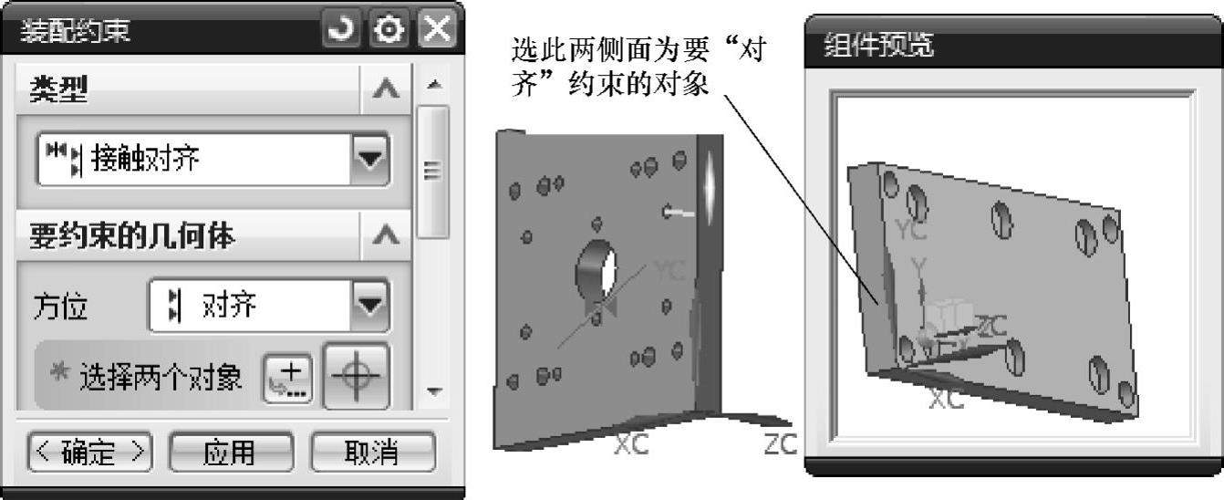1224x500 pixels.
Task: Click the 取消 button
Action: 373,452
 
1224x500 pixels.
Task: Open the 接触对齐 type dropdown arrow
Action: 369,160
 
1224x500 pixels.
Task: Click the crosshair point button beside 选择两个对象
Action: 357,376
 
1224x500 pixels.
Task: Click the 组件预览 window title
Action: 880,46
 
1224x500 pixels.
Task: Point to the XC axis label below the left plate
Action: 631,444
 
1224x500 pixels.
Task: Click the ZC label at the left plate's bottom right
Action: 781,444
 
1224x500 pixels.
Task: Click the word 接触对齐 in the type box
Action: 146,161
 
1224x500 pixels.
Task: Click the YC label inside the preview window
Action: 911,231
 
